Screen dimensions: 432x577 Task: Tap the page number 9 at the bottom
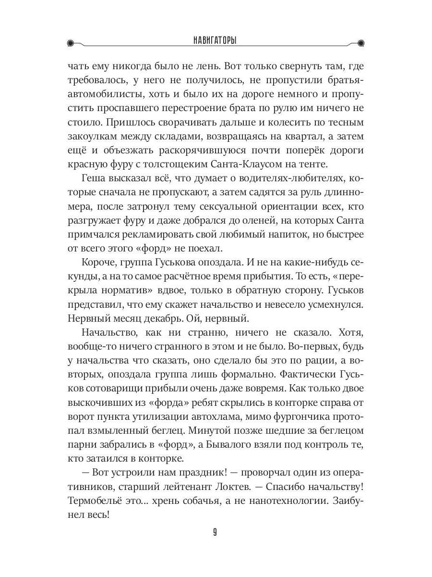tap(216, 532)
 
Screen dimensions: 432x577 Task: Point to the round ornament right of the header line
tap(361, 43)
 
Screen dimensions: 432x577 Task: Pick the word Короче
tap(99, 264)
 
